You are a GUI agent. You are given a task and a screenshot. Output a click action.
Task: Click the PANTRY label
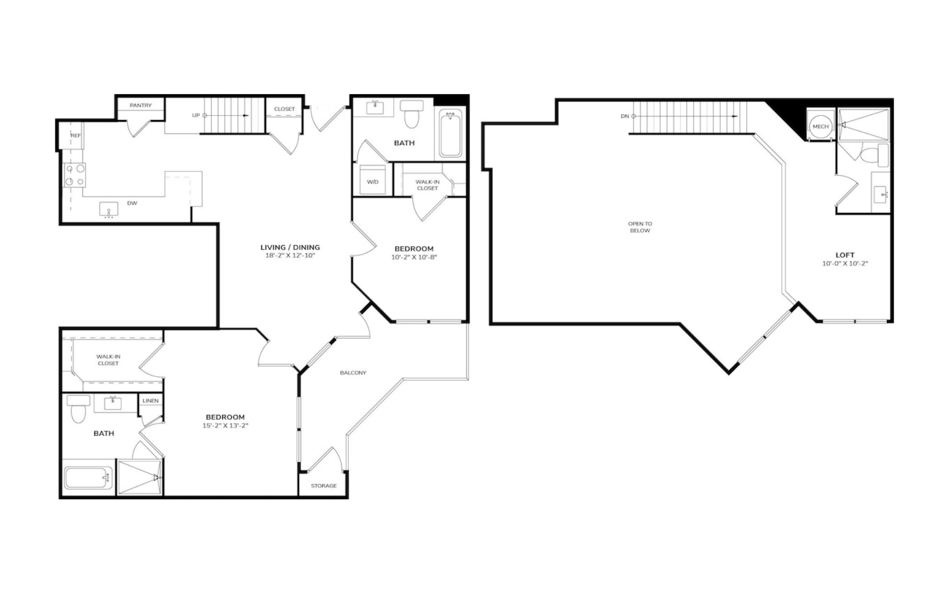click(141, 105)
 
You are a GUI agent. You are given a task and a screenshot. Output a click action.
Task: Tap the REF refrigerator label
click(76, 136)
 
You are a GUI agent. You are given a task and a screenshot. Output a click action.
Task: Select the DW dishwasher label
click(132, 203)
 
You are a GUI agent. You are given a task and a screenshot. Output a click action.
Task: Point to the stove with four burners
click(75, 175)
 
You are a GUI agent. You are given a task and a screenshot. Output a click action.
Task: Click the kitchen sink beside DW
click(109, 210)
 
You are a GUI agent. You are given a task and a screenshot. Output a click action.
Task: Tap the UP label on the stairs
click(196, 116)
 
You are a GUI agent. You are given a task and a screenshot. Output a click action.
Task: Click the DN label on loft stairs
click(625, 116)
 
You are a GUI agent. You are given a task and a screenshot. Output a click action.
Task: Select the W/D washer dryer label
click(373, 182)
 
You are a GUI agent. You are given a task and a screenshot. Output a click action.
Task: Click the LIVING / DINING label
click(290, 248)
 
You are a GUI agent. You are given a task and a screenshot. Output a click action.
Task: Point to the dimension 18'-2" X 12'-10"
click(290, 256)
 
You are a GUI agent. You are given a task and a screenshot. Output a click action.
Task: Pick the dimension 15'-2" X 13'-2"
click(225, 426)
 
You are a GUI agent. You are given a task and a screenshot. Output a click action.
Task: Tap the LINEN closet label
click(151, 400)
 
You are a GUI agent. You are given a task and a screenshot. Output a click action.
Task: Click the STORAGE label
click(324, 486)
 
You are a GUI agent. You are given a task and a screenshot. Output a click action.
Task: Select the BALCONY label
click(353, 373)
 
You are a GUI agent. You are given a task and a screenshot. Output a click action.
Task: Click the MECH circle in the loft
click(821, 127)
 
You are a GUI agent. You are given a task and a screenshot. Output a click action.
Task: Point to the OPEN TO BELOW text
click(640, 227)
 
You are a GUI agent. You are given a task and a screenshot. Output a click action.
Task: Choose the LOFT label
click(845, 255)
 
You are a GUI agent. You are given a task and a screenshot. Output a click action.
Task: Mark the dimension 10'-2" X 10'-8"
click(414, 257)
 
